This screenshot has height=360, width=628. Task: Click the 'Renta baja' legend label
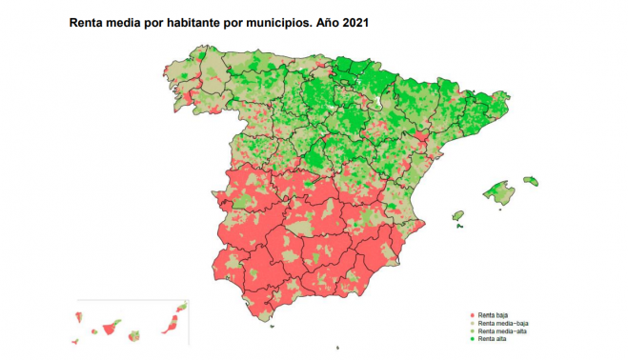(493, 313)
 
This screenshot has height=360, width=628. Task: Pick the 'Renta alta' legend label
(492, 339)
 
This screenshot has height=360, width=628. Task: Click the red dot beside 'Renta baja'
(472, 313)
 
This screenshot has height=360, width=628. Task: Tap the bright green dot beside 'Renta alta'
(472, 339)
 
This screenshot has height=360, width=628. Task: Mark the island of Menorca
(532, 180)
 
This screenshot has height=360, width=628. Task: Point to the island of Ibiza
(457, 217)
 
